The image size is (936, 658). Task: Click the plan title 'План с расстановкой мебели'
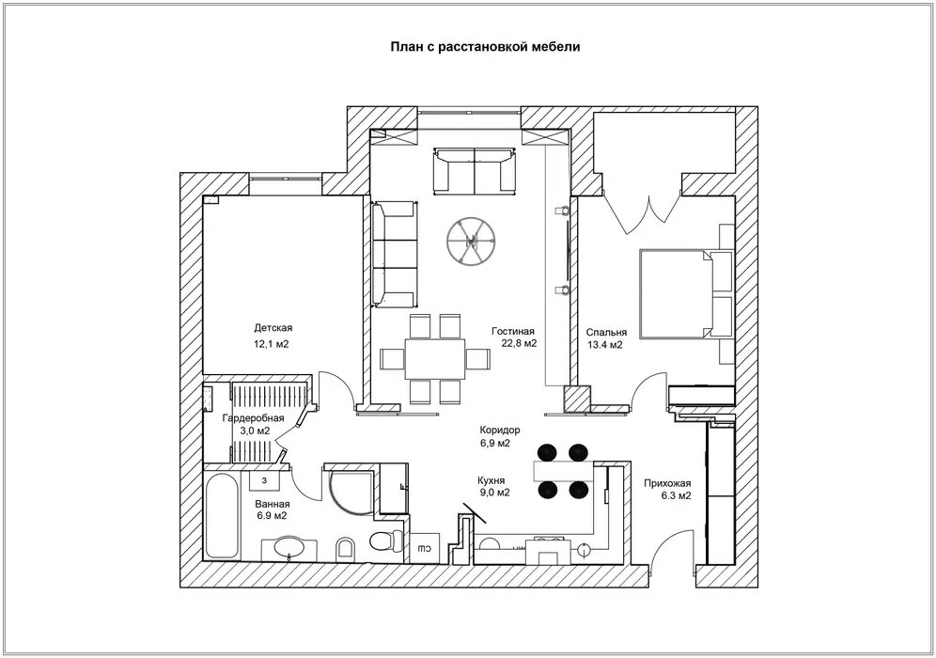click(485, 47)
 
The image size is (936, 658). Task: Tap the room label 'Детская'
click(273, 328)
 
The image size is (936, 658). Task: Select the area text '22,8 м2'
click(519, 343)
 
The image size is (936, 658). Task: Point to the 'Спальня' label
click(606, 333)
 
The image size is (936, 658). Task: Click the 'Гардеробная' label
click(253, 418)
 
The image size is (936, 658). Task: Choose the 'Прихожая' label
click(667, 484)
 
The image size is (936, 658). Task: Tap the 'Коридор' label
click(500, 430)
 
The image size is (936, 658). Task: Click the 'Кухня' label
click(491, 480)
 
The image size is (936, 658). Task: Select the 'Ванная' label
click(273, 503)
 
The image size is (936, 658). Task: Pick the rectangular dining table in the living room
click(434, 358)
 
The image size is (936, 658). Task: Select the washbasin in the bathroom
click(289, 547)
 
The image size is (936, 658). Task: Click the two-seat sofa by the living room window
click(474, 171)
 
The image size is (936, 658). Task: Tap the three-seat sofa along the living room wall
click(394, 255)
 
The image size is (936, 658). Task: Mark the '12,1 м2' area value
click(272, 344)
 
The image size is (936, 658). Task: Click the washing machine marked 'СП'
click(425, 547)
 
